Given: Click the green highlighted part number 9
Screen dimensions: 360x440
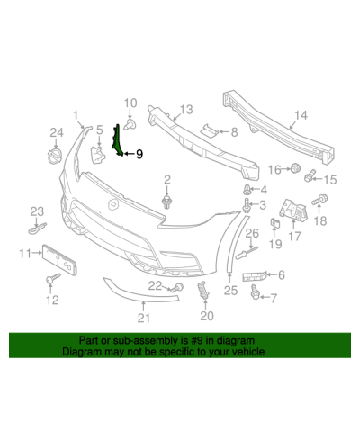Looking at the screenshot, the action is [117, 141].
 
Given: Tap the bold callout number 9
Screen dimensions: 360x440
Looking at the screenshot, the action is [139, 154].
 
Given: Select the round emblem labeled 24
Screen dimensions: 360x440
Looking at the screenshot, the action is [55, 157].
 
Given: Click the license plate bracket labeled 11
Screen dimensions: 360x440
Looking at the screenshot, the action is [58, 260].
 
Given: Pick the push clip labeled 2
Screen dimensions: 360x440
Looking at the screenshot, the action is [166, 202].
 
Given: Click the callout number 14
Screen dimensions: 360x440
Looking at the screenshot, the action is [301, 115].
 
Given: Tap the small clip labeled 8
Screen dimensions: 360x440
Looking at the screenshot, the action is [209, 130].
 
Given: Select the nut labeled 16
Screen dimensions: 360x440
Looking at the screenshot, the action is [295, 167].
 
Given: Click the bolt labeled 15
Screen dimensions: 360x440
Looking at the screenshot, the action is [310, 175].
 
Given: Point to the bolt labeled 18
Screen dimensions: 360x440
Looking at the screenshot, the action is [319, 200].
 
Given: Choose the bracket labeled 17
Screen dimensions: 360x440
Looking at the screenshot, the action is [293, 210].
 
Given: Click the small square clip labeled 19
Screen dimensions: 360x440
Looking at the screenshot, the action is [275, 222].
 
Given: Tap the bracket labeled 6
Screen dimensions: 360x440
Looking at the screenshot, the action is [254, 276].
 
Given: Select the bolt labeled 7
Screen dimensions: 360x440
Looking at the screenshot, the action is [256, 292].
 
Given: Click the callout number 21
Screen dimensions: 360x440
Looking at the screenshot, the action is [143, 319].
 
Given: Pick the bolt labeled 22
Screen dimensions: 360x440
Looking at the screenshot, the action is [176, 288].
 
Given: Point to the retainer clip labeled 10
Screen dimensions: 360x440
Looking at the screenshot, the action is [130, 124].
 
